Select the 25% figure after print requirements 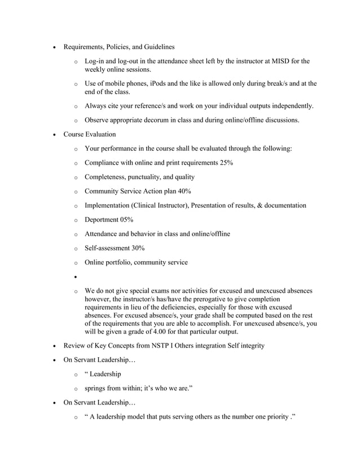coord(225,163)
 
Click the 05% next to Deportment coord(126,219)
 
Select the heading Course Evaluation coord(90,134)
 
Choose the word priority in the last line coord(274,417)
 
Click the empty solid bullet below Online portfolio coord(74,277)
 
